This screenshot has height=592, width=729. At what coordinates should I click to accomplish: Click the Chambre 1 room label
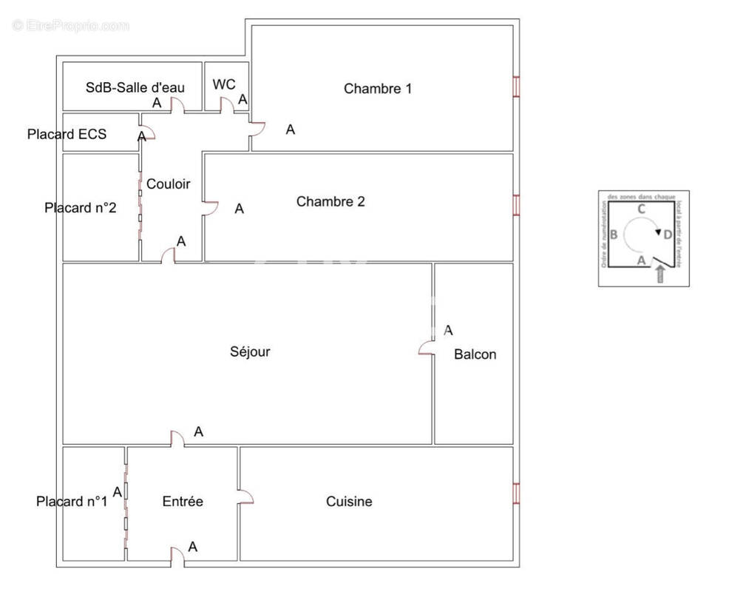coord(377,89)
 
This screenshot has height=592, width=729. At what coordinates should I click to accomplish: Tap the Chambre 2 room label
coord(330,201)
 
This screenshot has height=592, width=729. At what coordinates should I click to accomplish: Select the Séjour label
coord(249,351)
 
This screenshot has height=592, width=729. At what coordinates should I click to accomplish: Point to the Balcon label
coord(475,354)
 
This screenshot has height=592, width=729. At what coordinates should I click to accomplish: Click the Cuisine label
coord(349,502)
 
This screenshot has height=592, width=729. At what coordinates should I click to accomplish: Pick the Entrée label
coord(183,502)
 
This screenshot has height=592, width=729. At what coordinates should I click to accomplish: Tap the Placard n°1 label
coord(72,502)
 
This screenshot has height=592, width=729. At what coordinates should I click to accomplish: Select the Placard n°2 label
coord(80,207)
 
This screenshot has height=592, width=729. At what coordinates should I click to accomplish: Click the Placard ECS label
coord(67,134)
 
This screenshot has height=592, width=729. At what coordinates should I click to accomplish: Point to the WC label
coord(224,84)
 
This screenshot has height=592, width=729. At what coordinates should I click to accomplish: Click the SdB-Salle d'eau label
coord(135,87)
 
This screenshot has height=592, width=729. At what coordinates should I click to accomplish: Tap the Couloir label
coord(168,184)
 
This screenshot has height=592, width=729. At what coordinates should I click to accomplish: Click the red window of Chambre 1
coord(516,87)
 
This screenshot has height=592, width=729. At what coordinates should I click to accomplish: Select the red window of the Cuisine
coord(516,494)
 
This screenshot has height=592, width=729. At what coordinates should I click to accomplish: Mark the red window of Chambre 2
coord(516,205)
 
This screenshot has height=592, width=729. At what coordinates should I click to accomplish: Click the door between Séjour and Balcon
coord(427,348)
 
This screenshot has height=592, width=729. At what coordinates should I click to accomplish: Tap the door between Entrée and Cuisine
coord(245,497)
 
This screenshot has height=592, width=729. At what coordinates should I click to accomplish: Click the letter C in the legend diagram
coord(641,209)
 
